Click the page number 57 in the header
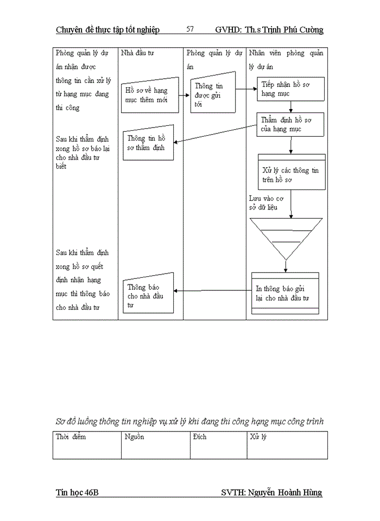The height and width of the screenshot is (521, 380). click(190, 29)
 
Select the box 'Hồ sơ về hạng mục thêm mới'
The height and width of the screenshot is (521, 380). click(150, 95)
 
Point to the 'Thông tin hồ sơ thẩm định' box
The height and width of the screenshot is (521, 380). click(148, 144)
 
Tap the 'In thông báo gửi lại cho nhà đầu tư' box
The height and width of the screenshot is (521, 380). click(285, 293)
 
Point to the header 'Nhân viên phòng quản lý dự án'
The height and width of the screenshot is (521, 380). click(286, 60)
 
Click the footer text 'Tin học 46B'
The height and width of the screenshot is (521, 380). click(77, 492)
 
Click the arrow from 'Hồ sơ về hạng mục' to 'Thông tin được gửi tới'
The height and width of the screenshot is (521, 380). click(185, 95)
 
